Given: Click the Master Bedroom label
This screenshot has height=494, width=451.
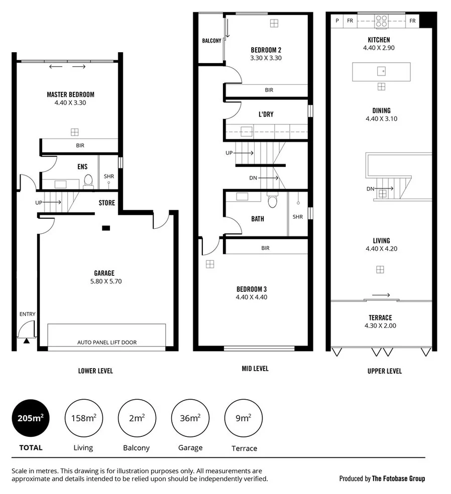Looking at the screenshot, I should coord(70,94).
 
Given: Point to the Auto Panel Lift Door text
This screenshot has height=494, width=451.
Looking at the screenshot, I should coord(106,343).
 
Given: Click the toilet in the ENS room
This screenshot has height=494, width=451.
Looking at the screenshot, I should coord(88,180).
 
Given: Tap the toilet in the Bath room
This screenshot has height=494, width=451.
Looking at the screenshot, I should coord(273,202).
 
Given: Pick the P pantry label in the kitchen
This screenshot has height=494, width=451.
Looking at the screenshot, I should coord(337,21).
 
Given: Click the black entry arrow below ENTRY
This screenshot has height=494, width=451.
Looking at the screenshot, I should coord(26,341).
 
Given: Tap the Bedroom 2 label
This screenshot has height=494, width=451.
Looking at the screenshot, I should coord(266,50).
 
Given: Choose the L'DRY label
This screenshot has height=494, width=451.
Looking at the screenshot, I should coord(266,114).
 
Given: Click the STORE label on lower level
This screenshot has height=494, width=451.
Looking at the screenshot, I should coord(106,203).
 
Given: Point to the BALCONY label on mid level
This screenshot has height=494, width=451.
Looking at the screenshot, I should coord(211,41).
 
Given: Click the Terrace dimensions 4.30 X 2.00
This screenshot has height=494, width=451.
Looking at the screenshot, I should coord(379,325).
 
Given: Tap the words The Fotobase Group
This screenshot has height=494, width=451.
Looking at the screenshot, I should coord(398,478).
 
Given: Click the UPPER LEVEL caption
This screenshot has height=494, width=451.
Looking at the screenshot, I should coord(384,371).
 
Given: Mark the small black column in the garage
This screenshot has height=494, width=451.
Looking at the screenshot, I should coord(105,228).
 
